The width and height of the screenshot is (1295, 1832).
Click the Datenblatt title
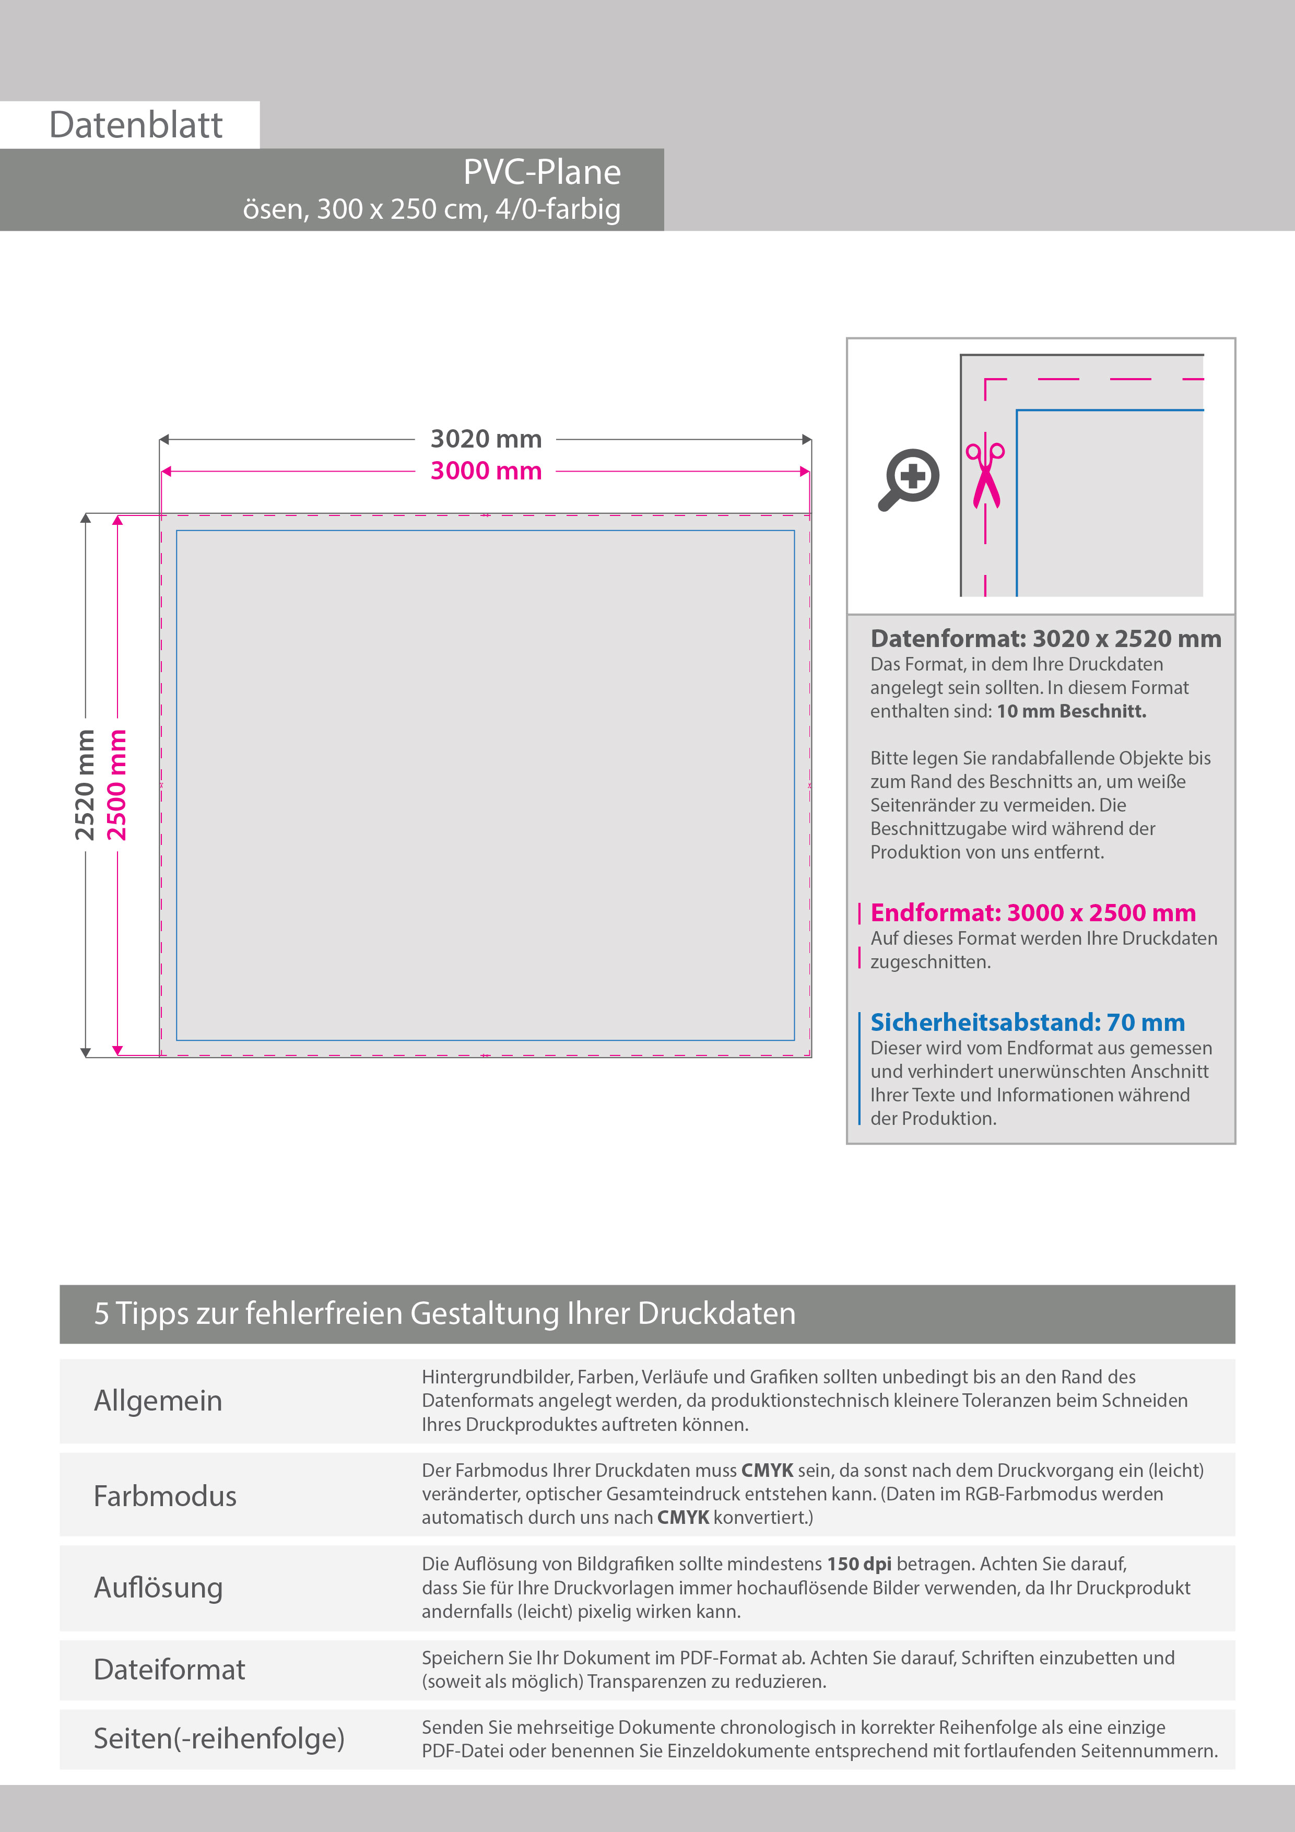136,125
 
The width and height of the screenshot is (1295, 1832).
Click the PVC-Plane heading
542,172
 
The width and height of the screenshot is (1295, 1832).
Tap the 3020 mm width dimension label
486,439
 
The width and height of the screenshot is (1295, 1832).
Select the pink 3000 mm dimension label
486,471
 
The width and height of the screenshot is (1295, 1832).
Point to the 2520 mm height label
85,785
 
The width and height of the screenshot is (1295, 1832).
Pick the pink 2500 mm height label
117,785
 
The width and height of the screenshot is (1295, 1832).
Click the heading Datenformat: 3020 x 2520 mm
1045,638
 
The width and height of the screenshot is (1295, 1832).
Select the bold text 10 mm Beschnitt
1071,711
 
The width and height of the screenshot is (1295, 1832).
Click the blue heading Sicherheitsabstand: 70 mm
1027,1022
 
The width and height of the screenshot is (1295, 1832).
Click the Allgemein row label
158,1400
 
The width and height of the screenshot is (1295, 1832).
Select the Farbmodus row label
165,1495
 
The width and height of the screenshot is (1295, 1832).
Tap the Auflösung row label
158,1588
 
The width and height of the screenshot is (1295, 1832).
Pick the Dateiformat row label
169,1669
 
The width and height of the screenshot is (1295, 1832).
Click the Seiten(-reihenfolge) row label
219,1738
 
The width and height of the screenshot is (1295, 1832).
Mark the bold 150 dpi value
858,1564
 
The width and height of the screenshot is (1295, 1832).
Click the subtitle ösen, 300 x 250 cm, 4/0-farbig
432,209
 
